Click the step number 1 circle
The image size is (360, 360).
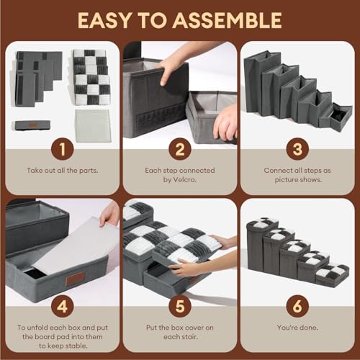[63, 149]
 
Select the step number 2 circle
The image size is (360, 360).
[180, 149]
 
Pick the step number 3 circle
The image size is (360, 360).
[297, 149]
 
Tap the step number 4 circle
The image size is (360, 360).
[63, 306]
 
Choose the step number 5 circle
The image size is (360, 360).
[180, 306]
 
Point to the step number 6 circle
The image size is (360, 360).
[297, 306]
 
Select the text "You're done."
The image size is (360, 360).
[297, 328]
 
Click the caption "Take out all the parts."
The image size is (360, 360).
[63, 171]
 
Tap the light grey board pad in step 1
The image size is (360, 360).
[93, 126]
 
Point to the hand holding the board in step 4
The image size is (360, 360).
[110, 215]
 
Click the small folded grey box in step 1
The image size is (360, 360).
[32, 125]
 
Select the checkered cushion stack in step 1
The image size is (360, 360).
[91, 77]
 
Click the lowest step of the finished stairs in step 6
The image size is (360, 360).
[332, 275]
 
